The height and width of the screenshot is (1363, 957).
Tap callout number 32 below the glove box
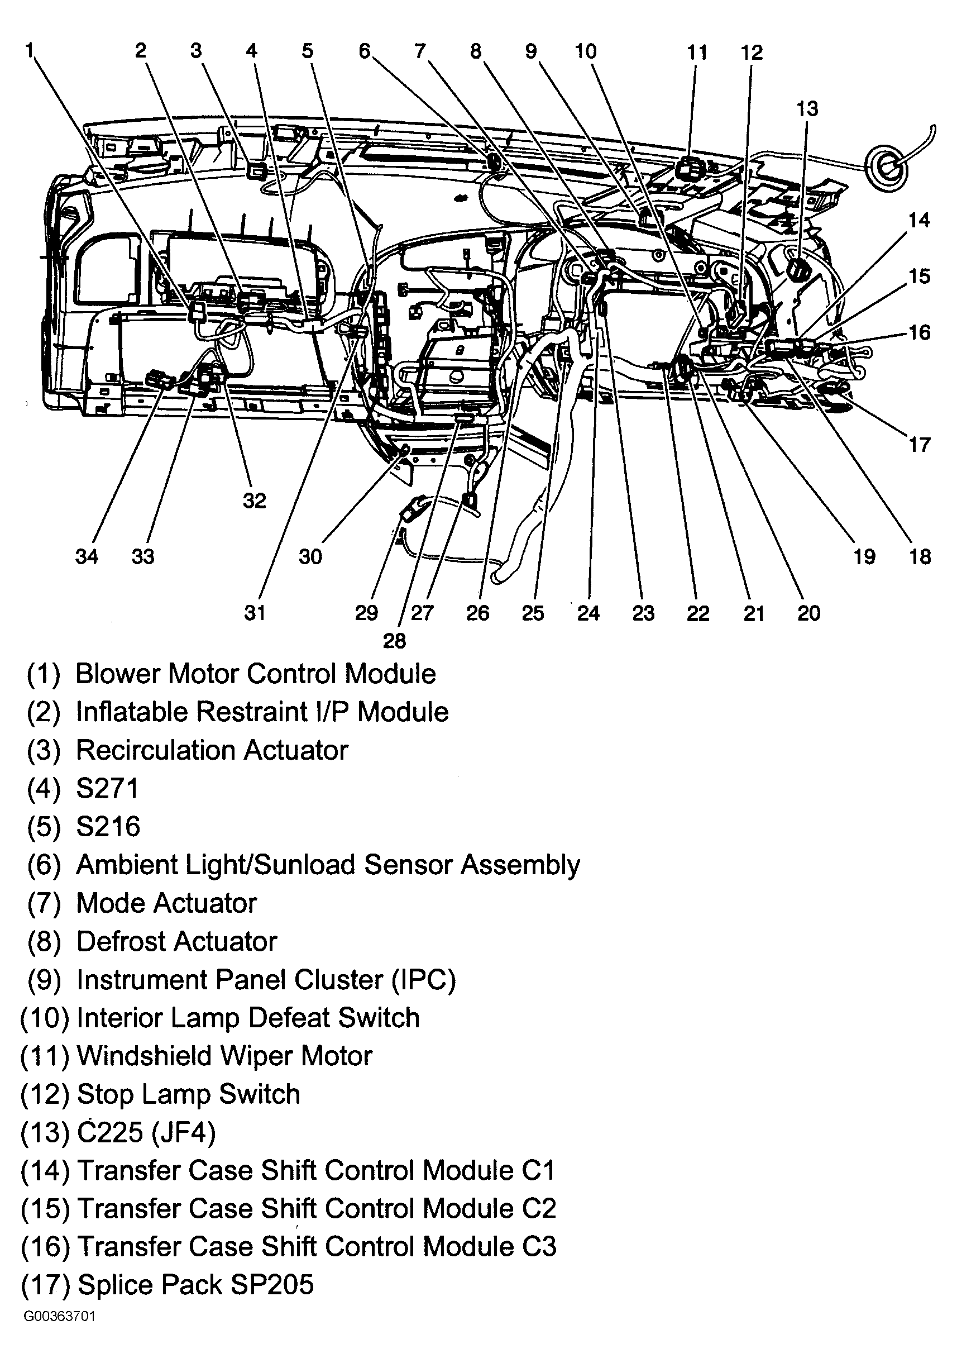tap(254, 501)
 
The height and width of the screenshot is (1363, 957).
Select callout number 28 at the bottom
tap(395, 641)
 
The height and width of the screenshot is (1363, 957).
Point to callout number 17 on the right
tap(919, 445)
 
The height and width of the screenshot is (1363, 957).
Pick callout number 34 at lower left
tap(87, 556)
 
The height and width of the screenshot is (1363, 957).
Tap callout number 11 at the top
tap(697, 53)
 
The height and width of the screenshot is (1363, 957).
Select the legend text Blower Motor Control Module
tap(256, 674)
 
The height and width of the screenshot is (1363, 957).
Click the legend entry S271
tap(107, 788)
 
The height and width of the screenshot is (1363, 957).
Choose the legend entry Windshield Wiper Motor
tap(224, 1056)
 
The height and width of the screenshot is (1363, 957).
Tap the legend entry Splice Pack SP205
tap(195, 1285)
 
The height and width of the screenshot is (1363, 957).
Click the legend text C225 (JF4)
tap(146, 1132)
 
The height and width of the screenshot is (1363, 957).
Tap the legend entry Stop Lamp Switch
tap(189, 1094)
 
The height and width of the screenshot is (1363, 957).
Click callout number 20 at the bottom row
tap(808, 613)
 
